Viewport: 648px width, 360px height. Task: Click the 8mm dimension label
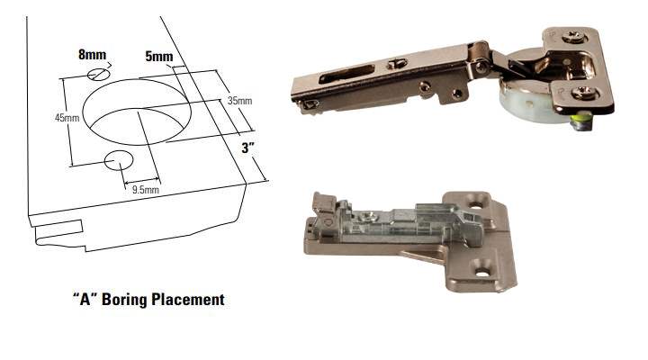click(92, 55)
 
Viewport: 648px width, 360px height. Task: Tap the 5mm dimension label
click(159, 56)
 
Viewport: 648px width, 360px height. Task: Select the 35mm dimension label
click(239, 101)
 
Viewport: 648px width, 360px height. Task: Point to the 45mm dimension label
click(67, 118)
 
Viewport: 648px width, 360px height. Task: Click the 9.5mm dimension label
click(146, 190)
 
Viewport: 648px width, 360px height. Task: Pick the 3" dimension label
click(248, 148)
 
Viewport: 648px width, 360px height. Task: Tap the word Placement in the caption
click(188, 299)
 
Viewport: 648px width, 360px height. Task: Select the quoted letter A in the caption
click(85, 299)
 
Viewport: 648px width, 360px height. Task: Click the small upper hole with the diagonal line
click(99, 75)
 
